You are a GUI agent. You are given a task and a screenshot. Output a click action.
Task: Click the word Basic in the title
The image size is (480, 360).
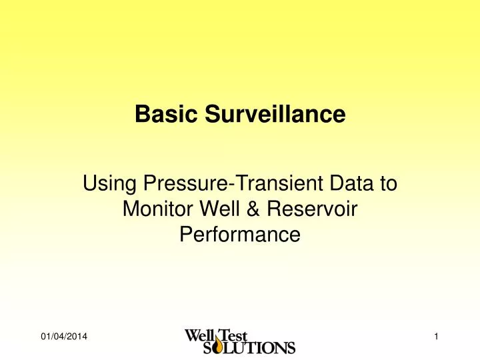click(157, 115)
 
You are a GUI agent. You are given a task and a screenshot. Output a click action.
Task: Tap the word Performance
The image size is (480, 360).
click(240, 235)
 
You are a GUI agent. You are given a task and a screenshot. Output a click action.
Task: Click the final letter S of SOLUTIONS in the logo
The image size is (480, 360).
click(290, 347)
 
